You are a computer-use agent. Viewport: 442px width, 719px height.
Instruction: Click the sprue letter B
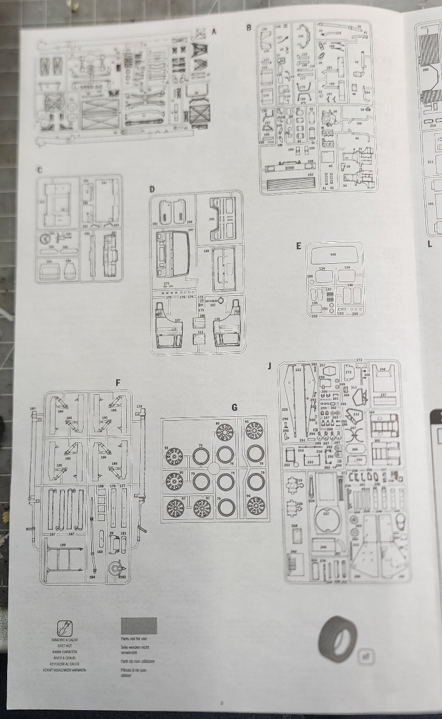click(249, 27)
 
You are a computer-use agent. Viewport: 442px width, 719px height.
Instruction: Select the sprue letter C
click(39, 170)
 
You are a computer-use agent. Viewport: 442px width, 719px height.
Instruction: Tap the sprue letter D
click(152, 189)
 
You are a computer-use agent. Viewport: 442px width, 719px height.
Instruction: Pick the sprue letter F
click(118, 383)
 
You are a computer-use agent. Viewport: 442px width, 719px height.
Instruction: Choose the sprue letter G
click(234, 407)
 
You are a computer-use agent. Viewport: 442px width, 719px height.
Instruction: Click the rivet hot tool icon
click(64, 628)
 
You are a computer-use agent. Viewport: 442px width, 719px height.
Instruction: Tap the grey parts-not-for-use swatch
click(138, 626)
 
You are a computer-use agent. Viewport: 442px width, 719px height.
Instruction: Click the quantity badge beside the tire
click(364, 656)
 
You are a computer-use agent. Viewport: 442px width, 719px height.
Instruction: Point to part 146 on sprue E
click(333, 255)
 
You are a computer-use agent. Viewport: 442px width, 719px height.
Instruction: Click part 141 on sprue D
click(212, 219)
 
